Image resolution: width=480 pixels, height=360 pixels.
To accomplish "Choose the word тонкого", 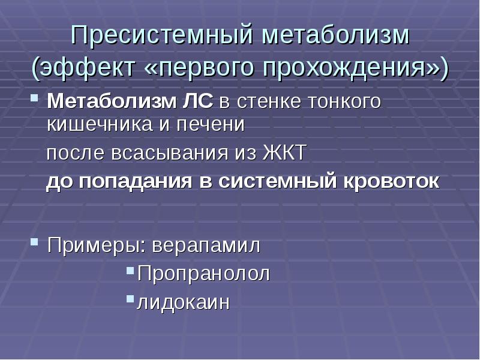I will coord(344,101).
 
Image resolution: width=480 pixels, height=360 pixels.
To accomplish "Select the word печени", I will coord(212,124).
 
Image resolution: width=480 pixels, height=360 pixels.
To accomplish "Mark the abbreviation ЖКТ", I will coord(284,153).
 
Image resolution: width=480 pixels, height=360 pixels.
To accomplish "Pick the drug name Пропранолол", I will coord(203,274).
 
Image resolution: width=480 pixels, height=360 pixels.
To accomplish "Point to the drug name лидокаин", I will coord(184,302).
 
